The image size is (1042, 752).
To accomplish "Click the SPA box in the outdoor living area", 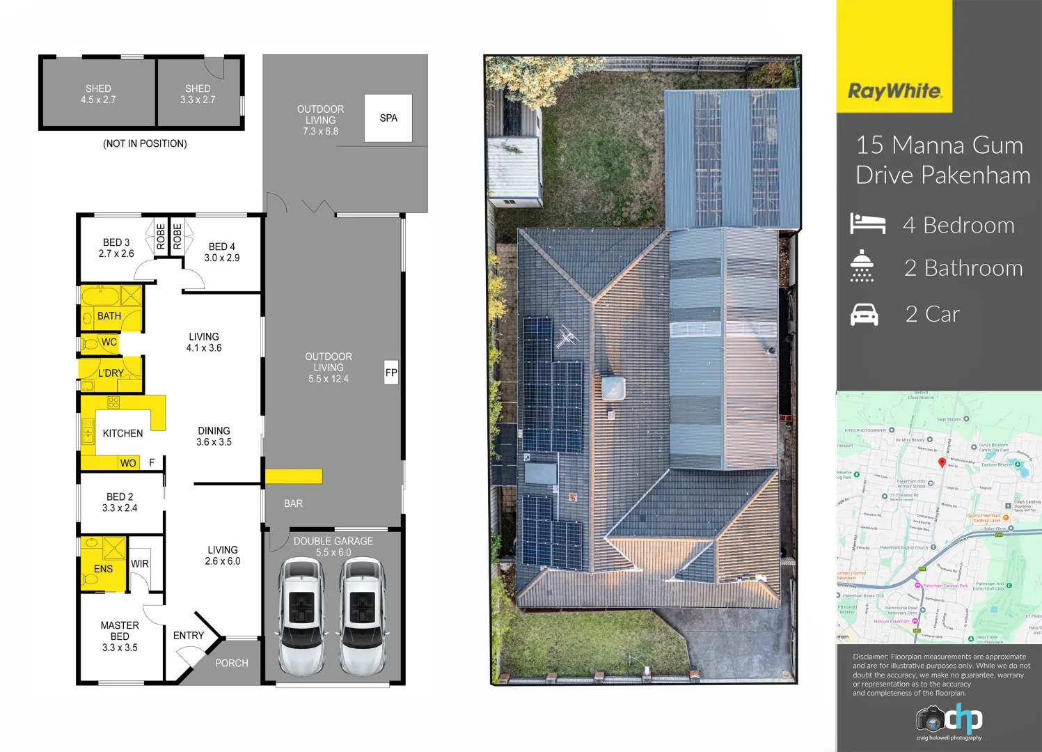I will pos(388,118).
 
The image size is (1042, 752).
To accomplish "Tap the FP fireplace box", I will pos(391,373).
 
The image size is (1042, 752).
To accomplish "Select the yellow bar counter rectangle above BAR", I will pos(294,476).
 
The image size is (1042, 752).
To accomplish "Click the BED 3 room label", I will pos(116,248).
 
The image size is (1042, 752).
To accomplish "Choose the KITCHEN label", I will pos(123,433).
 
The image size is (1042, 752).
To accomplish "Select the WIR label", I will pos(140,564).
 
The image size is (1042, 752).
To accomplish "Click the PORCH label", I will pos(231,663).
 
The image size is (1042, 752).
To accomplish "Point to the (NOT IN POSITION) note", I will pos(145,143).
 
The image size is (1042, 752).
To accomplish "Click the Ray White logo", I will pos(894,91).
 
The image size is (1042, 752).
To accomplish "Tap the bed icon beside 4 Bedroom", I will pos(867,224).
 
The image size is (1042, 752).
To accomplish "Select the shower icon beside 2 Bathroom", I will pos(862,266).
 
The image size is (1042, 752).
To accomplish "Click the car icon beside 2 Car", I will pos(865,315).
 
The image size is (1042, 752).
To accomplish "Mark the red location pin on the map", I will pos(942,462).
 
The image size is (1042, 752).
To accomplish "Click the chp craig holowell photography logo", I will pos(949,722).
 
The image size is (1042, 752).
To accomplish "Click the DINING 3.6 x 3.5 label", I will pos(214,437).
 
